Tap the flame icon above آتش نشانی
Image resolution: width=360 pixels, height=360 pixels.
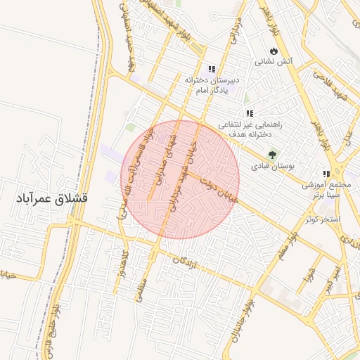click(273, 51)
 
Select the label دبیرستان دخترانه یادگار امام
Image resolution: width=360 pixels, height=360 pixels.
click(213, 84)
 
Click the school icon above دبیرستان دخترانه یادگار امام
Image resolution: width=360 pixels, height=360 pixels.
click(211, 69)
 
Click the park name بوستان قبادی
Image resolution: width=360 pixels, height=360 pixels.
click(273, 166)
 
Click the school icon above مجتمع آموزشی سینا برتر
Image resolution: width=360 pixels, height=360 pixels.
click(326, 174)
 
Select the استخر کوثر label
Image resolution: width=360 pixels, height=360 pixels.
click(322, 220)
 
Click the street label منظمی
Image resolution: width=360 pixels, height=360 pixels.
click(143, 289)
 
